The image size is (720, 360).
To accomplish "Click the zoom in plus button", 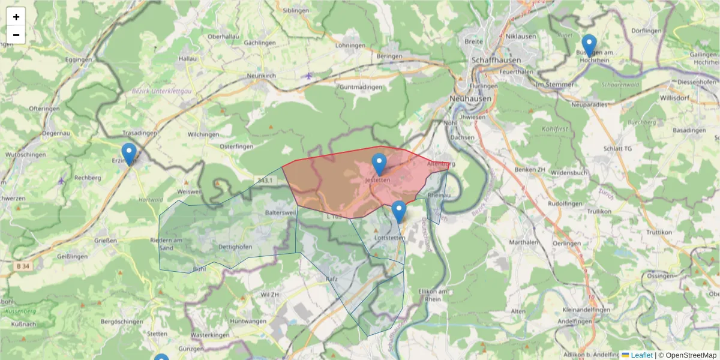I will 16,17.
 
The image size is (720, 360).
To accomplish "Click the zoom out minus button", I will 16,35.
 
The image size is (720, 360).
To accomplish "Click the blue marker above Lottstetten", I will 399,212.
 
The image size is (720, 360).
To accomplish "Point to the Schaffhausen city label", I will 496,61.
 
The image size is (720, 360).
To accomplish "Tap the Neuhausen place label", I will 471,98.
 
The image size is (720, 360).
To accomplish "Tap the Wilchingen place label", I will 203,134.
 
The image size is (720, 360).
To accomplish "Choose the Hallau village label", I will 188,59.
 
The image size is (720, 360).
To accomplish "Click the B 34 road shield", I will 21,265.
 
